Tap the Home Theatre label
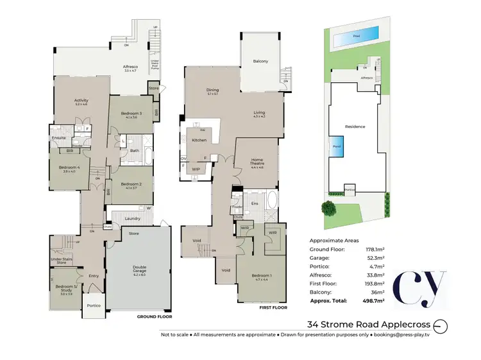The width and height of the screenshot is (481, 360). [x=258, y=162]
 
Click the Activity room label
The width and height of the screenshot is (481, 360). [x=81, y=100]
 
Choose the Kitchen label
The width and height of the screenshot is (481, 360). [x=199, y=140]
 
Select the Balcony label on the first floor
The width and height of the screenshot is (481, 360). [x=260, y=61]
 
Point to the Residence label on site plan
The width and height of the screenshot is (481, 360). [x=355, y=126]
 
